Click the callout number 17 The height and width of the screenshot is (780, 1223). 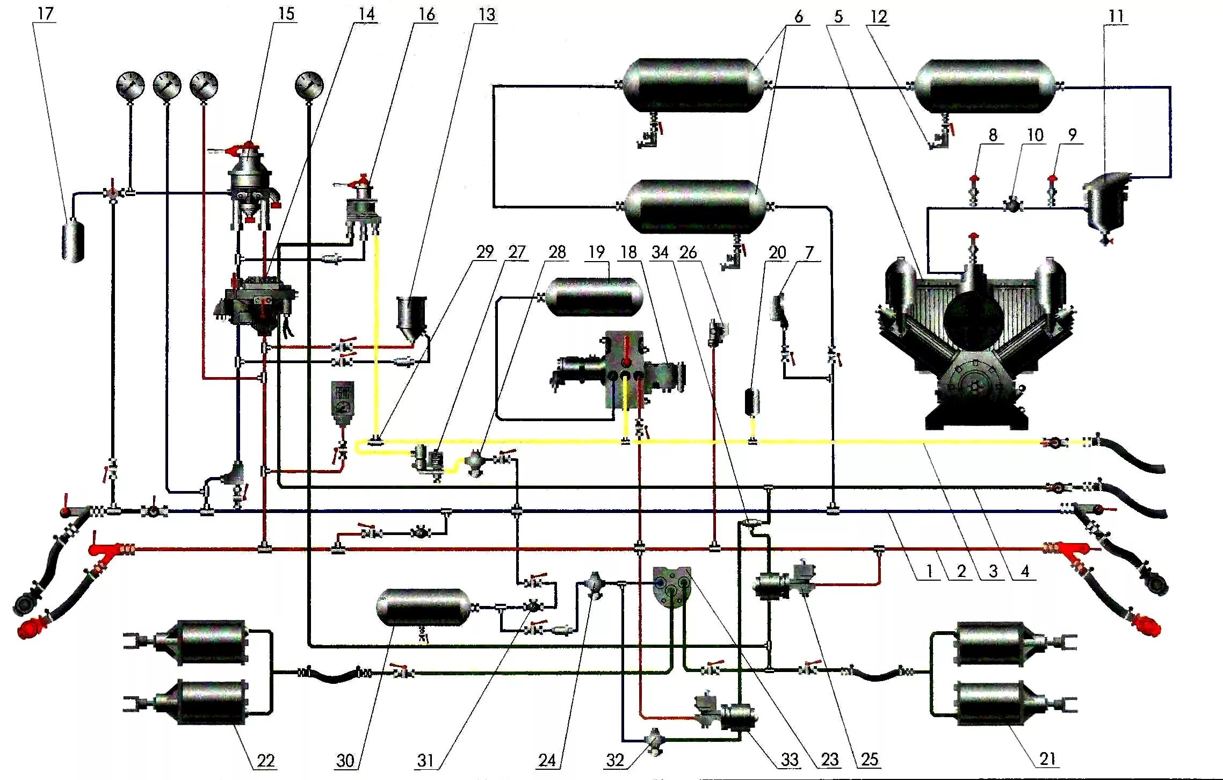45,13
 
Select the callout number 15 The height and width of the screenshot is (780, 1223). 286,13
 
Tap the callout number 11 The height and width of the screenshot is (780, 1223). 1116,16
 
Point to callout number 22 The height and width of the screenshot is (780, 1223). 265,761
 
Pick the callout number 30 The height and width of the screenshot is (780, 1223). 345,761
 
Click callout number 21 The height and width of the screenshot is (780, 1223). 1047,759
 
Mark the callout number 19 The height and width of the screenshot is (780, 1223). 596,252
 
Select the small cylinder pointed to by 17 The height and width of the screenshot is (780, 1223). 74,242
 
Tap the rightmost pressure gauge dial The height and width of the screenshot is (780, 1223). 309,85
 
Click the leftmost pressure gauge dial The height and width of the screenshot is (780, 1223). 131,85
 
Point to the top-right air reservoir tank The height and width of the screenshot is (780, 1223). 986,86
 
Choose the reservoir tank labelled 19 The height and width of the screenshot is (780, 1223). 594,297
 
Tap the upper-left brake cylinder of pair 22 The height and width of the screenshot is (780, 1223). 209,642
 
